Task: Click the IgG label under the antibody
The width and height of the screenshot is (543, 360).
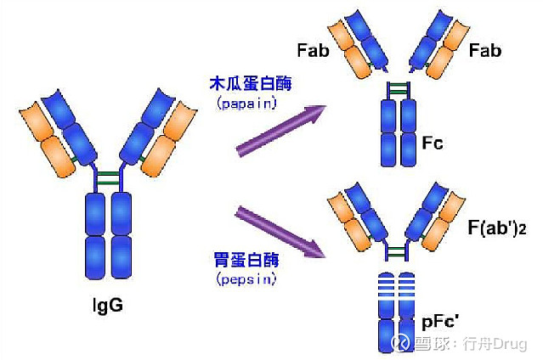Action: coord(108,304)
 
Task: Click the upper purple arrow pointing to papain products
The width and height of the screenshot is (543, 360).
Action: coord(281,131)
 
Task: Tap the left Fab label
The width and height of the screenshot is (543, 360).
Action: coord(314,50)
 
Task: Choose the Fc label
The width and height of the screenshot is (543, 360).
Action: coord(432,143)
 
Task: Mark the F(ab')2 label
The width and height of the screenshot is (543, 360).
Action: coord(496,228)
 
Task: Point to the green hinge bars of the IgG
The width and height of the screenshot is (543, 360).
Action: coord(108,179)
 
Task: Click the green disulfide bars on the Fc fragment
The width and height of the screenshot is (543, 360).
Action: coord(397,88)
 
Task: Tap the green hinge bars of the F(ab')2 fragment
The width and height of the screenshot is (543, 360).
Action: coord(397,250)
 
